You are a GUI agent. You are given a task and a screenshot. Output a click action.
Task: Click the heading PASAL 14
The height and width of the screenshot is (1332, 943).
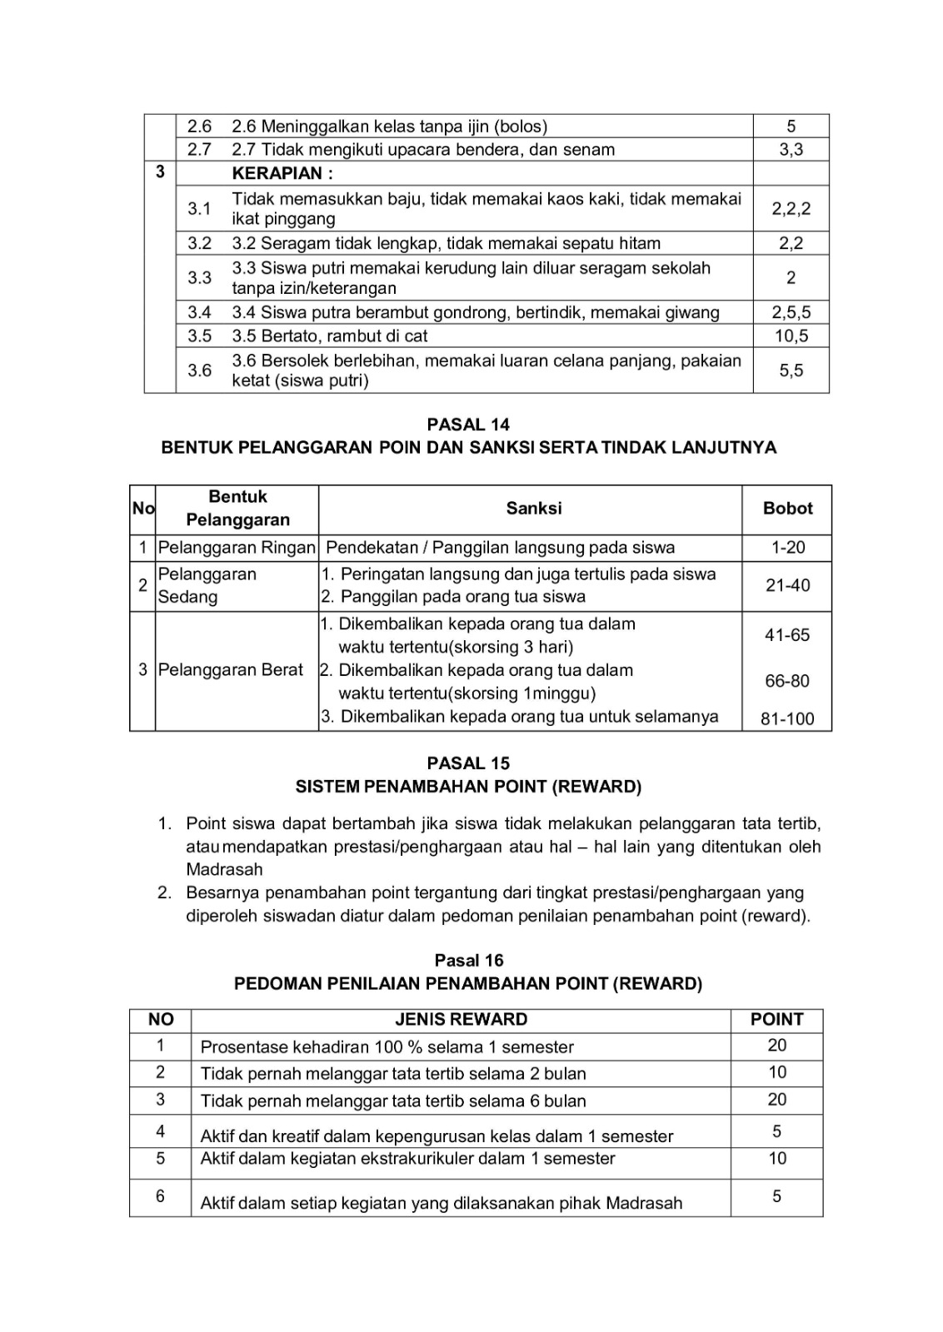tap(468, 425)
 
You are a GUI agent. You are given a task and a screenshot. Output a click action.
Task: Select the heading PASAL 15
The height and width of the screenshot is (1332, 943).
tap(468, 763)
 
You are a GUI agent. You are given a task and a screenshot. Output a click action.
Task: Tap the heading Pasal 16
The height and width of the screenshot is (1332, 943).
tap(469, 961)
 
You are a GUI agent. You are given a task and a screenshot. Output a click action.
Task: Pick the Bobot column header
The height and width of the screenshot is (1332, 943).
tap(787, 509)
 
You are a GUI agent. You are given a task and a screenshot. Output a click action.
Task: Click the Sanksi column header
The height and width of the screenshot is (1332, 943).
tap(533, 509)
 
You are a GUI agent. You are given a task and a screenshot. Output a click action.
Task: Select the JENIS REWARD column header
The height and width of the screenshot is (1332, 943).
tap(461, 1020)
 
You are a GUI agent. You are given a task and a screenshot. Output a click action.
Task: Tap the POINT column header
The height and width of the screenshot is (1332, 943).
tap(776, 1020)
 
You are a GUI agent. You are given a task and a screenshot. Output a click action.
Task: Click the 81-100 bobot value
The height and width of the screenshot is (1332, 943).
tap(787, 719)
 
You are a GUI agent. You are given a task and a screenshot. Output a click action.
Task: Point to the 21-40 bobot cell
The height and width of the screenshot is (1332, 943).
tap(787, 585)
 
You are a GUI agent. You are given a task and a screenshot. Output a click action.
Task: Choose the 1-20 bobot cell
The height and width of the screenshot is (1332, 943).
tap(787, 548)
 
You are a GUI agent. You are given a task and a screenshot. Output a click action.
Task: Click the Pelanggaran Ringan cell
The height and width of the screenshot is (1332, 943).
tap(237, 548)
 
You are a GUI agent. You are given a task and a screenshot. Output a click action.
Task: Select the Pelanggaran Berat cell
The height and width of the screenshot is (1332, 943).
tap(231, 670)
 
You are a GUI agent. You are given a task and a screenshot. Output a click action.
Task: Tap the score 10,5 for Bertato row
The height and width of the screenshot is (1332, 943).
tap(791, 336)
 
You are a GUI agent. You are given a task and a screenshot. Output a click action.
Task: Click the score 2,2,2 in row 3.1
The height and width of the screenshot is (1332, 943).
tap(791, 209)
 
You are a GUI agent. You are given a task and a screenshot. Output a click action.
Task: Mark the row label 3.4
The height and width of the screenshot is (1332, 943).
tap(199, 313)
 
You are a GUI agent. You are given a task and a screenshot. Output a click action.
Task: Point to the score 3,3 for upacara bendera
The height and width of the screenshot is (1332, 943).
tap(791, 150)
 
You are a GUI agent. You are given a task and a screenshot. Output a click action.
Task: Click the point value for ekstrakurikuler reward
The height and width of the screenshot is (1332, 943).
tap(776, 1159)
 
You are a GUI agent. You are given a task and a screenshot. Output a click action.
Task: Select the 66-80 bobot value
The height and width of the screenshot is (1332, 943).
tap(787, 681)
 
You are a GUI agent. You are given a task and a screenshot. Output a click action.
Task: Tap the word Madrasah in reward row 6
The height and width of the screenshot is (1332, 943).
tap(644, 1203)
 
